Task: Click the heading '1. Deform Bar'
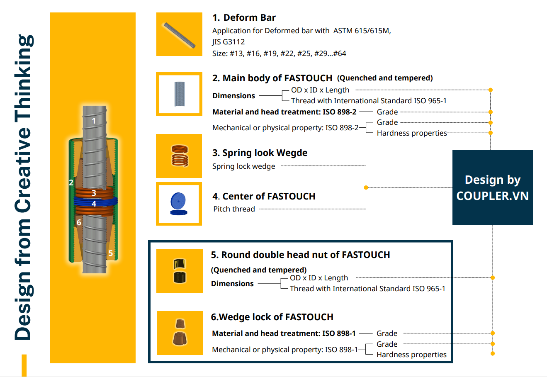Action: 244,18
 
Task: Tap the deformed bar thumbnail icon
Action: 179,34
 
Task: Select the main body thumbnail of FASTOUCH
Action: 179,94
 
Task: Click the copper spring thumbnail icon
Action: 179,156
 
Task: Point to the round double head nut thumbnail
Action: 180,271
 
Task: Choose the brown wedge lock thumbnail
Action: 180,333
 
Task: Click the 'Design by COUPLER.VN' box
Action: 492,187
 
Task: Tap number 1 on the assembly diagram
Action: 94,121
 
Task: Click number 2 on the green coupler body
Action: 71,182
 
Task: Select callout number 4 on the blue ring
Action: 94,204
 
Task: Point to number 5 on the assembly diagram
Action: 110,253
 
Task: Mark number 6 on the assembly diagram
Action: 79,223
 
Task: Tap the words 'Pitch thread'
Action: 234,209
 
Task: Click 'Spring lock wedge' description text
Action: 243,166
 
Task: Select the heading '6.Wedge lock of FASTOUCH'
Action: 272,317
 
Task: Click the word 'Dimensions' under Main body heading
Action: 233,96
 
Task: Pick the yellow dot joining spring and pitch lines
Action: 366,187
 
